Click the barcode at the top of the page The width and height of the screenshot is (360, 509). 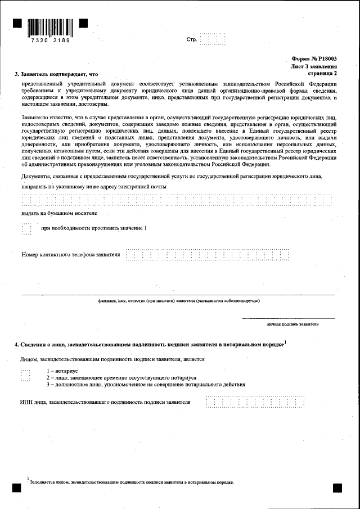50,27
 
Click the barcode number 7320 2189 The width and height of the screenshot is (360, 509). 50,41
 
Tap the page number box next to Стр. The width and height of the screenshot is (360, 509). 213,39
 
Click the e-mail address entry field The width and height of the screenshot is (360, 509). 176,201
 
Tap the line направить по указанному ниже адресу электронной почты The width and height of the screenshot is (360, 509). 94,186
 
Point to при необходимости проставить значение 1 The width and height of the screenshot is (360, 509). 94,228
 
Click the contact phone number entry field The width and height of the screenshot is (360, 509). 208,255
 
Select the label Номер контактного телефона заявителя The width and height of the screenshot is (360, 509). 71,255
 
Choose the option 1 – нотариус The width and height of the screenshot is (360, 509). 62,371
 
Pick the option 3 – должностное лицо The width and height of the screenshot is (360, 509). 146,385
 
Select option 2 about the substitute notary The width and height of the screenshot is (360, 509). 121,378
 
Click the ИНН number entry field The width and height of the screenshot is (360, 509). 256,402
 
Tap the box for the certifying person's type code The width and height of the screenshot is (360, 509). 25,375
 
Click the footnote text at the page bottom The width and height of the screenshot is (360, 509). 132,483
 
